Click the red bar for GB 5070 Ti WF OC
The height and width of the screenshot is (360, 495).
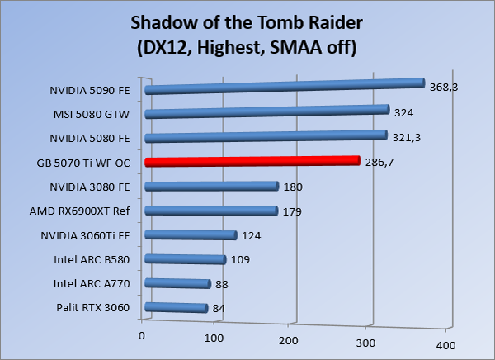(252, 161)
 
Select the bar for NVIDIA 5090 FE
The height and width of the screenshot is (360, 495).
(284, 86)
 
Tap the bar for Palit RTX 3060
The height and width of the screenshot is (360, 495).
(176, 309)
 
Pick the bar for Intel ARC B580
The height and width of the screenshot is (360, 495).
(185, 259)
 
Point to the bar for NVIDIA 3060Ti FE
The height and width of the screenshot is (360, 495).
(191, 235)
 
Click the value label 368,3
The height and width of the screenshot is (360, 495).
(441, 84)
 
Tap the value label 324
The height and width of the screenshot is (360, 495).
(403, 112)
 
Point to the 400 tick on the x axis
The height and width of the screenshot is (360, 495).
(444, 343)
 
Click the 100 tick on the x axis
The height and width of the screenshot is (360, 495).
(214, 338)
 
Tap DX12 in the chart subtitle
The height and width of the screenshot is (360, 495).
(161, 48)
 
